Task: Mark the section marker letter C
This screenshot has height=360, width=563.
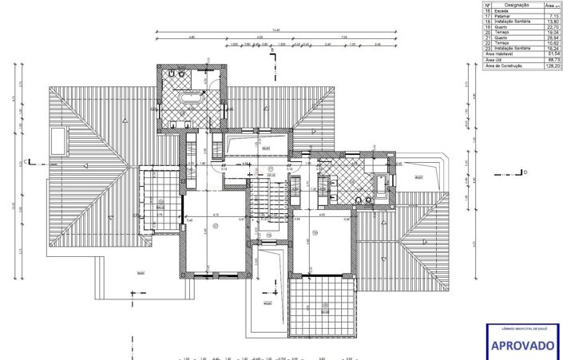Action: (x=26, y=162)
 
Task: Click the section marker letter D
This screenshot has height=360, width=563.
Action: (x=525, y=172)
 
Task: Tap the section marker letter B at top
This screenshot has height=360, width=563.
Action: (x=272, y=51)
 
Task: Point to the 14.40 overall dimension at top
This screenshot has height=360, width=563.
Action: (x=276, y=30)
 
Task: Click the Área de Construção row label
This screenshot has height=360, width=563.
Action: (x=503, y=66)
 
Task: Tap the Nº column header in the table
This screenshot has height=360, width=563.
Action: (x=486, y=4)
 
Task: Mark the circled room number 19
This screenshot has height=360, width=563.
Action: (x=315, y=232)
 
